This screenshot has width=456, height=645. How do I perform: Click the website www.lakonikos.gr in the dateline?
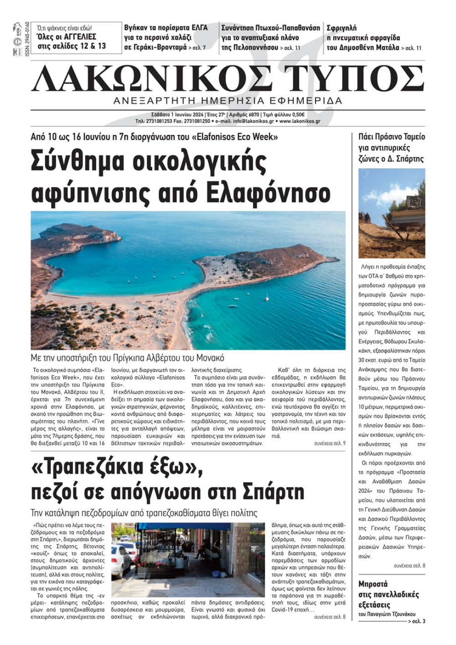(300, 122)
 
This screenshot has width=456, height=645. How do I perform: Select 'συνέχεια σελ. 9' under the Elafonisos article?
(330, 443)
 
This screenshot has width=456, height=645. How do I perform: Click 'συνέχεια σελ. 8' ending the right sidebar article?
(409, 566)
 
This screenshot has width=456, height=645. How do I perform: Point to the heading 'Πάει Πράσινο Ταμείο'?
(391, 137)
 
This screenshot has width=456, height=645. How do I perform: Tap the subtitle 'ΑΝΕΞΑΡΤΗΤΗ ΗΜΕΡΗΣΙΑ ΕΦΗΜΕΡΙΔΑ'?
(228, 101)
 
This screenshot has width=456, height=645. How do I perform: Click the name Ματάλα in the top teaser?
(386, 47)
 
